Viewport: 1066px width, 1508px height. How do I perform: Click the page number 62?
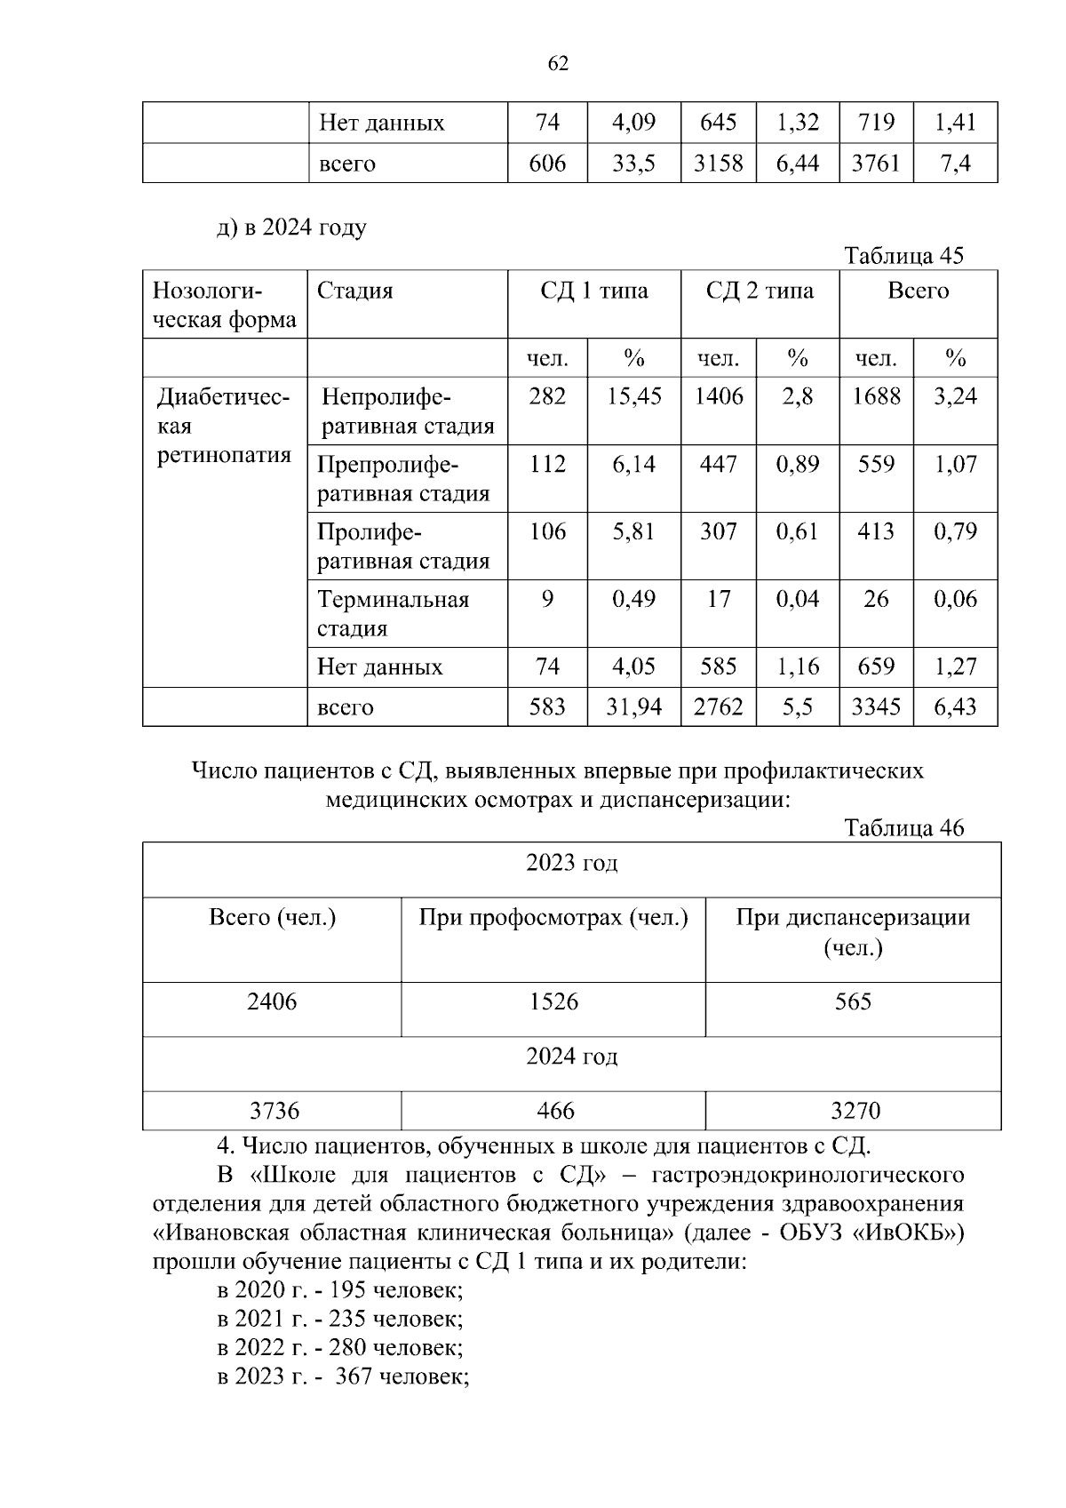558,64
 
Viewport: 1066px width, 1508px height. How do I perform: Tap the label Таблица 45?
903,256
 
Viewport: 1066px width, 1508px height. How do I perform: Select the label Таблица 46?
903,828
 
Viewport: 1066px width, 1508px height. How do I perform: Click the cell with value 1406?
718,396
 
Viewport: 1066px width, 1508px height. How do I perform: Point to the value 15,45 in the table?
633,396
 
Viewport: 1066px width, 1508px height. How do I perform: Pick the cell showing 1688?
876,396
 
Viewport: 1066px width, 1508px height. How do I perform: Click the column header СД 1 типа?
593,291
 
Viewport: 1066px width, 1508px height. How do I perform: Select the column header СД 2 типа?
760,291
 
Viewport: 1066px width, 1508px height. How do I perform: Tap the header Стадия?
355,291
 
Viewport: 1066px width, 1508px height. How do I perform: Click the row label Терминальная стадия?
394,614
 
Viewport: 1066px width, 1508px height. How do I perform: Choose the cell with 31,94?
633,707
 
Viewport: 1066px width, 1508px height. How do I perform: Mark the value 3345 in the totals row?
876,707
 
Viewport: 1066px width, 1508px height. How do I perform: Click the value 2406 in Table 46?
272,1002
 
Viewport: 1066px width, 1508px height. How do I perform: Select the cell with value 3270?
854,1111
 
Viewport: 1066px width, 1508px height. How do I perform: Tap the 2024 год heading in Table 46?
571,1057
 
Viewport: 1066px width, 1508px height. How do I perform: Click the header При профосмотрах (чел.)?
553,918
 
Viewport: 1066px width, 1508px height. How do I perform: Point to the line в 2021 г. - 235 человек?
340,1318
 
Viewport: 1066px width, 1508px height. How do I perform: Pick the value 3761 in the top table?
876,164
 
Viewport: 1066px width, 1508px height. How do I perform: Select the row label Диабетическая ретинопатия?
224,427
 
